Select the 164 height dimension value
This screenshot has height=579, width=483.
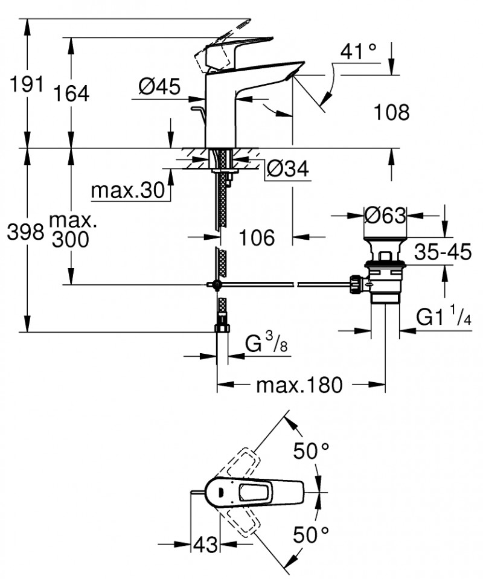pos(71,94)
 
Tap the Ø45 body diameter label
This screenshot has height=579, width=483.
pos(159,88)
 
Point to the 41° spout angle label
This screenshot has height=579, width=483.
pos(359,52)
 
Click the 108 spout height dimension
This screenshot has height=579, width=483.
pos(391,112)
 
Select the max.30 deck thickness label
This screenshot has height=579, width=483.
pos(128,191)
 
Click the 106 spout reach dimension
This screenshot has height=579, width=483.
pos(255,237)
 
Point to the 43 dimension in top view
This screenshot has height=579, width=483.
pos(205,545)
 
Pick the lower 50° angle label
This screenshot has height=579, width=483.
pos(312,534)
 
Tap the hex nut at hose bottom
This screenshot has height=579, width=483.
pos(222,328)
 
